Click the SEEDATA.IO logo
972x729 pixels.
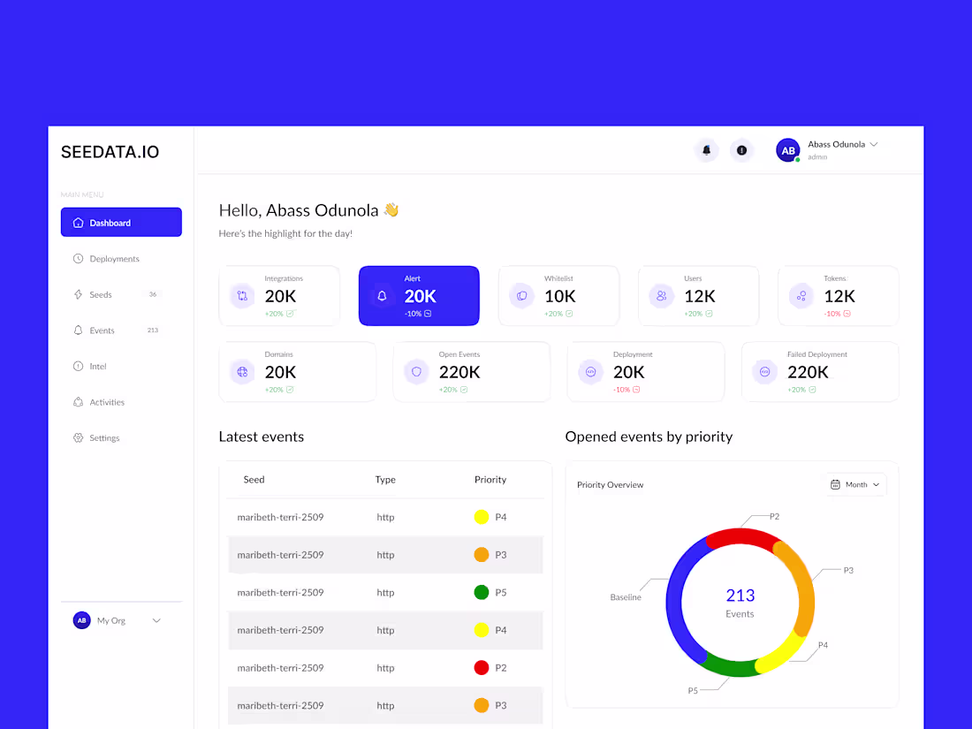coord(110,152)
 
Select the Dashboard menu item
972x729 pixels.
coord(121,223)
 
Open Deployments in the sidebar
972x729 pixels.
coord(114,259)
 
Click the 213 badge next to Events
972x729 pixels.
coord(153,330)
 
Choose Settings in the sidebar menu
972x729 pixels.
coord(103,438)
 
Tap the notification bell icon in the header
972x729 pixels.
coord(706,150)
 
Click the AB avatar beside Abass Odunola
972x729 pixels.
coord(787,150)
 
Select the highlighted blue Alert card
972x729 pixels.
coord(419,296)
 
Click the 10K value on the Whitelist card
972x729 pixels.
coord(560,296)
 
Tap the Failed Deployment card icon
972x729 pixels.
coord(765,372)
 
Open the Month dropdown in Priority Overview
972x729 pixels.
coord(855,484)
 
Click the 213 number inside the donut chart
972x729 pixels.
coord(740,596)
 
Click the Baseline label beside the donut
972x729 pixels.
coord(626,597)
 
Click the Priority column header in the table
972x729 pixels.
coord(490,480)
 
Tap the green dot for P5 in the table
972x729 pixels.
coord(482,593)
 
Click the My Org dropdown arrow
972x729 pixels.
coord(156,620)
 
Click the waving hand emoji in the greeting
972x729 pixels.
coord(391,210)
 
